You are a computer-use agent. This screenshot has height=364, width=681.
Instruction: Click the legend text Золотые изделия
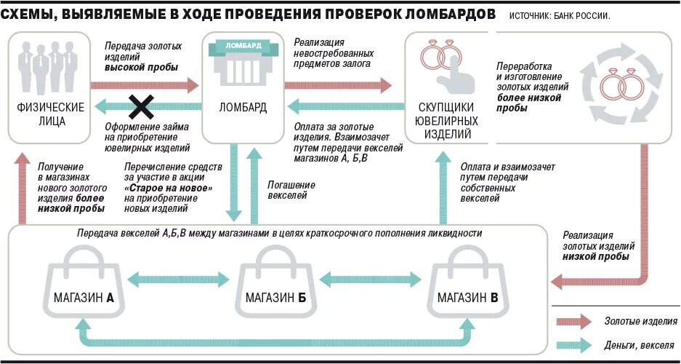click(640, 322)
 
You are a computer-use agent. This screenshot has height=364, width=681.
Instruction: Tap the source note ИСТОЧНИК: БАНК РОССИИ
click(560, 15)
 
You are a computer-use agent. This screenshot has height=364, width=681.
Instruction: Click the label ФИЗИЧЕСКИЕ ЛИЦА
click(49, 114)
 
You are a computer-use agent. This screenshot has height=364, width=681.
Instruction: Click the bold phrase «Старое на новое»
click(169, 188)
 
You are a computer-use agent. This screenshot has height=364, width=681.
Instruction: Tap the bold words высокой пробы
click(142, 67)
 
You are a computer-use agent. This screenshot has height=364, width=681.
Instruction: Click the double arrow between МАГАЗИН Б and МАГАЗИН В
click(371, 279)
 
